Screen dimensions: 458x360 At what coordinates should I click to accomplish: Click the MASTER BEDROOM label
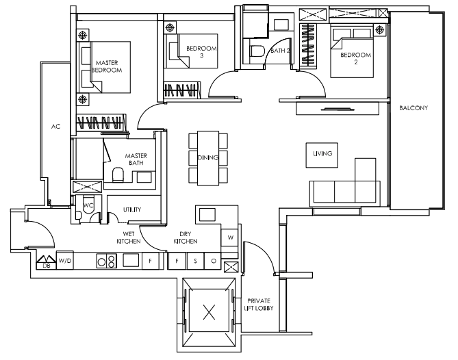coord(107,66)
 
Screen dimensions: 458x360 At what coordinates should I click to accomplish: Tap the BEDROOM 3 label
coord(201,52)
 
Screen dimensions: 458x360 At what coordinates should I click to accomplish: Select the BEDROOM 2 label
coord(356,58)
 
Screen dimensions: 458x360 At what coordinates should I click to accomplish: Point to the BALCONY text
coord(414,107)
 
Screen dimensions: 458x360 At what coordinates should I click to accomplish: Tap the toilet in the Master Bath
coord(118,175)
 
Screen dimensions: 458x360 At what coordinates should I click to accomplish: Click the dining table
coord(208,158)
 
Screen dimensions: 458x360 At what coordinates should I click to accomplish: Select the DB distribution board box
coord(46,263)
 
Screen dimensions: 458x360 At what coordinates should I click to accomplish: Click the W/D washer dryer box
coord(65,260)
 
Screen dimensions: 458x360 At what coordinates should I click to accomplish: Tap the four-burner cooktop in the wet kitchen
coord(107,261)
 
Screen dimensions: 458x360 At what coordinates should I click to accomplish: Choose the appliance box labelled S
coord(195,261)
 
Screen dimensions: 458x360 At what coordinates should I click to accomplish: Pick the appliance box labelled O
coord(213,261)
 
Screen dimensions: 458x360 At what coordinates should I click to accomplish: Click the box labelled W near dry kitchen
coord(230,237)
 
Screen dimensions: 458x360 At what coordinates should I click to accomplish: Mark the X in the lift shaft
coord(209,312)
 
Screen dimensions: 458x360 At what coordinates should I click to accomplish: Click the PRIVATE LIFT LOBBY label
coord(259,305)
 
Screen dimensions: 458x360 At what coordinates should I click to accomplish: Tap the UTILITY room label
coord(132,209)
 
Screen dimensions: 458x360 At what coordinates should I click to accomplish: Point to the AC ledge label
coord(55,127)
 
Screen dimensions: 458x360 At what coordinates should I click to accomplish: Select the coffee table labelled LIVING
coord(322,155)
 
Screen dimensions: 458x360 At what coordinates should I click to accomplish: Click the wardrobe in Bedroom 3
coord(182,90)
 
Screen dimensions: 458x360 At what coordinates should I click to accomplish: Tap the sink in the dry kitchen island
coord(207,215)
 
